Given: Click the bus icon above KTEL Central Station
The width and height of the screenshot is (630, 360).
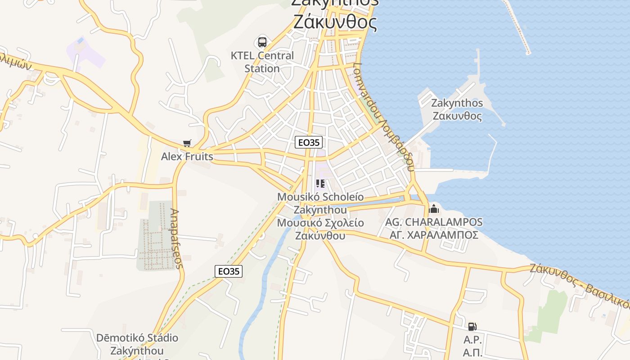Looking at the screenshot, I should [262, 42].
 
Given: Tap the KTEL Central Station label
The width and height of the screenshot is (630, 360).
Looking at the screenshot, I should [262, 62].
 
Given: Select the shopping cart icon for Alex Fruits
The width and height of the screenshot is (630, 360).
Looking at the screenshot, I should [187, 144].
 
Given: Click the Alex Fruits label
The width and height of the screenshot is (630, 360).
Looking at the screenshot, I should [187, 157].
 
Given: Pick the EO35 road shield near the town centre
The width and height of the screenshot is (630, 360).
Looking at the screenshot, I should [309, 142].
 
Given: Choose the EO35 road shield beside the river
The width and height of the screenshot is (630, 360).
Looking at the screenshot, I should [229, 271].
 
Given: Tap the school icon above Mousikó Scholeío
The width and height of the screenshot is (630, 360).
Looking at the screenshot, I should [320, 184].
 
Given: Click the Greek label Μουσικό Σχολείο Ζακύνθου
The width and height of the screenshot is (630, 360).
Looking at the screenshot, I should [320, 229].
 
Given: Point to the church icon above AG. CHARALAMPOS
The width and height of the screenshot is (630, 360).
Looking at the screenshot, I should [434, 209].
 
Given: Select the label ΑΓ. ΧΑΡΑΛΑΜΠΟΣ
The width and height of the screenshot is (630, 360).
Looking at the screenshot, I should [434, 235].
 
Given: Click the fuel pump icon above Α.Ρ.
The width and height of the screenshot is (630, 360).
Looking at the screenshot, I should [472, 327].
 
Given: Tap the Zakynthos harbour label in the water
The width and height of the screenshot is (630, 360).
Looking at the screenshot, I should [457, 109].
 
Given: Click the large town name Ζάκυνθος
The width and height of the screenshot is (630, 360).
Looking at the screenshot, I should [335, 22].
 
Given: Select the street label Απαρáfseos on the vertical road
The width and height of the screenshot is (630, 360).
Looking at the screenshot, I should [176, 238].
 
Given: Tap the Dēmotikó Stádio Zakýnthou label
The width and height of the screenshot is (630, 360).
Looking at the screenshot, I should [137, 344].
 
